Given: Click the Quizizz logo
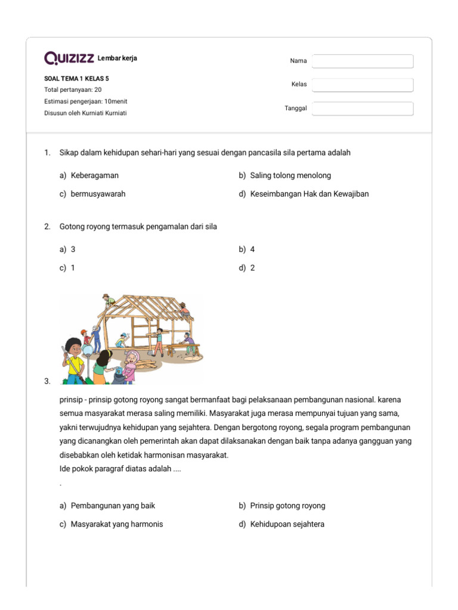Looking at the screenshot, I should point(69,58).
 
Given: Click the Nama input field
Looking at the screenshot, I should point(363,61).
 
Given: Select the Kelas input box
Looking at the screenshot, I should point(363,85).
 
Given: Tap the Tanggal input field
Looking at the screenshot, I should point(363,108).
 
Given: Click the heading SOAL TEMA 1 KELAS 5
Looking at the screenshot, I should point(76,78).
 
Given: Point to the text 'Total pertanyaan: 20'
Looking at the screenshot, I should point(73,90).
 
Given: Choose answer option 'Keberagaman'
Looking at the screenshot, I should point(94,176).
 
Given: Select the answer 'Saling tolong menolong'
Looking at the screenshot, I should point(290,176).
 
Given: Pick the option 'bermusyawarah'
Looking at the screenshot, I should point(98,194).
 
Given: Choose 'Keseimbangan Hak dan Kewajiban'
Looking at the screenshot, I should point(309,194).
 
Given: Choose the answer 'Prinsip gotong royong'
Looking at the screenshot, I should point(287,506).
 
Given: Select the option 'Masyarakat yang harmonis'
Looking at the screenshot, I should point(116,524).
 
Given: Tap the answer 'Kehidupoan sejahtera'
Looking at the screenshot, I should point(287,524).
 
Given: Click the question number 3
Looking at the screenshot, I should point(47,382).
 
